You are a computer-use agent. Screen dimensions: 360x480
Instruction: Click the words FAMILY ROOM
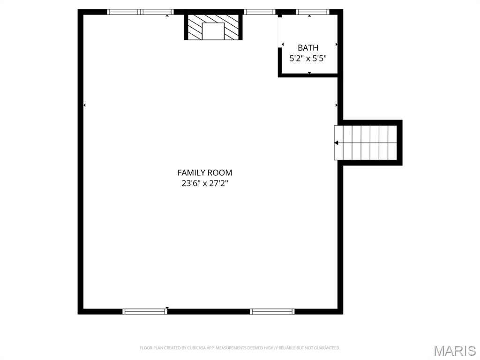click(x=204, y=173)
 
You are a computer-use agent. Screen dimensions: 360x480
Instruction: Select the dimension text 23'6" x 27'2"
click(x=204, y=184)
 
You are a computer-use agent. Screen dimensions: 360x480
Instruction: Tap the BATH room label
click(x=308, y=48)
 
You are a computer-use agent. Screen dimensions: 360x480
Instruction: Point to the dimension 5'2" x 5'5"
click(x=308, y=59)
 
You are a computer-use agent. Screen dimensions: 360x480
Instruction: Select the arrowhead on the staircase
click(x=337, y=142)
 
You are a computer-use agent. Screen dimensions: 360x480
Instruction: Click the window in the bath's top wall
click(x=313, y=12)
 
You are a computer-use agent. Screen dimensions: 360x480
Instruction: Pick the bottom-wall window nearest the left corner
click(x=144, y=311)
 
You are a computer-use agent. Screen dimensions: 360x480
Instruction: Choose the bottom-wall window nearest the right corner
click(x=272, y=311)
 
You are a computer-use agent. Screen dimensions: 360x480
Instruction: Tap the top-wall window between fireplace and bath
click(x=259, y=12)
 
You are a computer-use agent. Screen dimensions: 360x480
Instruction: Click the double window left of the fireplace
click(x=140, y=12)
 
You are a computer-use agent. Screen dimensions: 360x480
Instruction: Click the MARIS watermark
click(x=455, y=351)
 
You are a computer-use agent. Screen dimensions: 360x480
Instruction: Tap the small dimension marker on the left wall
click(x=84, y=105)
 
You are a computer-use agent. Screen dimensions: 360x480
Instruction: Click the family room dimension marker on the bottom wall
click(x=167, y=308)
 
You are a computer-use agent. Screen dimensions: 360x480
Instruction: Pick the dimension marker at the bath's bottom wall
click(x=309, y=73)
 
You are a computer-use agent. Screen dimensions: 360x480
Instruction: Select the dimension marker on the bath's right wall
click(x=337, y=45)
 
